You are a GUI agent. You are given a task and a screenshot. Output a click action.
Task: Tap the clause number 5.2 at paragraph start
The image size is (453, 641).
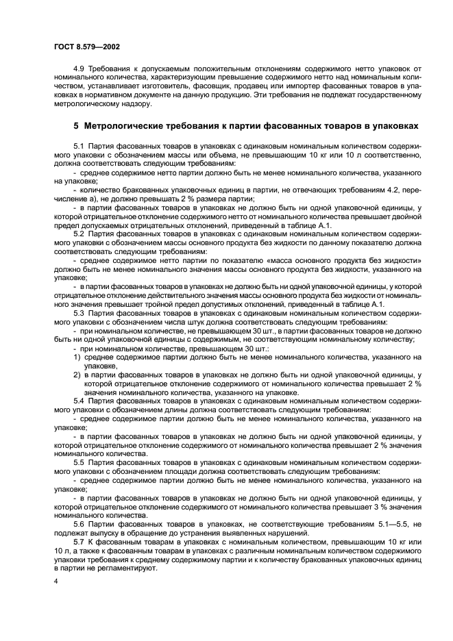[79, 233]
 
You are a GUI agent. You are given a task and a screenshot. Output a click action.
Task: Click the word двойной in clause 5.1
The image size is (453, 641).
[406, 215]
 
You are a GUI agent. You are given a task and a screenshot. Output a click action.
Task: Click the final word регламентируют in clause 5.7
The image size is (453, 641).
[125, 568]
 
